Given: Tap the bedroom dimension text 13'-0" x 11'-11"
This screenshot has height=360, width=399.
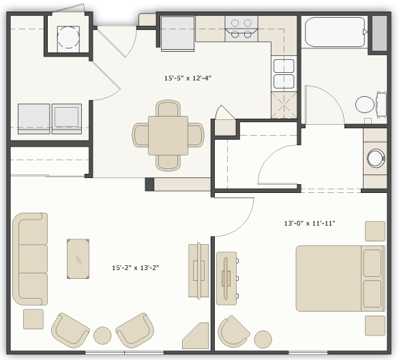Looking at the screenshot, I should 310,223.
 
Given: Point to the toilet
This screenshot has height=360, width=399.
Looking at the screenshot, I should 368,105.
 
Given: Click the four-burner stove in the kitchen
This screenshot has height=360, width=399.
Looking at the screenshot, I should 241,28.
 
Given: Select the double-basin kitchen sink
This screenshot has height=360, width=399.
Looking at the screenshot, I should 284,74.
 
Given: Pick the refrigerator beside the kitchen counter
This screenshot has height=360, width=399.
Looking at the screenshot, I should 178,33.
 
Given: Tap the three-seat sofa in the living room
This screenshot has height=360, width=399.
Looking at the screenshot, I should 30,258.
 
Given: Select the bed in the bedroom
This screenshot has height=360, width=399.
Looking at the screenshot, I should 340,277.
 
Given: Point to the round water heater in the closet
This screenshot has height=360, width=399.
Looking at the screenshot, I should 68,37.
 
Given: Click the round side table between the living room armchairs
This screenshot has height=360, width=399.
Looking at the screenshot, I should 102,335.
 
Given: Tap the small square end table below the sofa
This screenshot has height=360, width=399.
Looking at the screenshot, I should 33,319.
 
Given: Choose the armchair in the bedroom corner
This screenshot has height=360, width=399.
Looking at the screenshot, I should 234,331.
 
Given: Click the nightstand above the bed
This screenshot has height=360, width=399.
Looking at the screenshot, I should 374,231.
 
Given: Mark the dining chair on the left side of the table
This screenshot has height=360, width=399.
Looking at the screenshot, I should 141,134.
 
